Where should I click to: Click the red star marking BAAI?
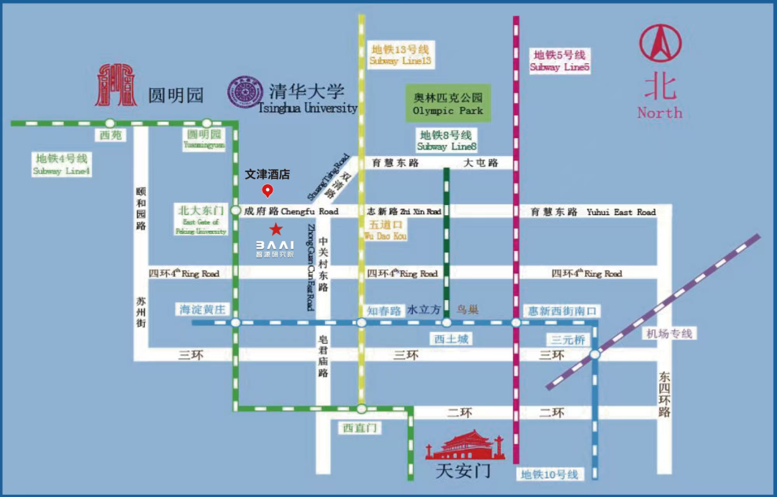[276, 229]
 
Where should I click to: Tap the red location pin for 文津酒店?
[268, 191]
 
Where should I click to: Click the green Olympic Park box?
[447, 104]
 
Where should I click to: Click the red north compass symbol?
[660, 45]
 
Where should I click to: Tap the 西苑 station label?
[110, 135]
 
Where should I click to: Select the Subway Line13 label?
[400, 55]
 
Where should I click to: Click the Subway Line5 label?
[560, 61]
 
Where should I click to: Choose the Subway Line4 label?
[62, 164]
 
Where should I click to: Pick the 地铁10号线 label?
[550, 474]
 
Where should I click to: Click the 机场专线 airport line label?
[668, 334]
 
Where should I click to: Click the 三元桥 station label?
[568, 339]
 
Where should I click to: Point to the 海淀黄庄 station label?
[202, 309]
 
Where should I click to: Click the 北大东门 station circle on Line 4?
[235, 211]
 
